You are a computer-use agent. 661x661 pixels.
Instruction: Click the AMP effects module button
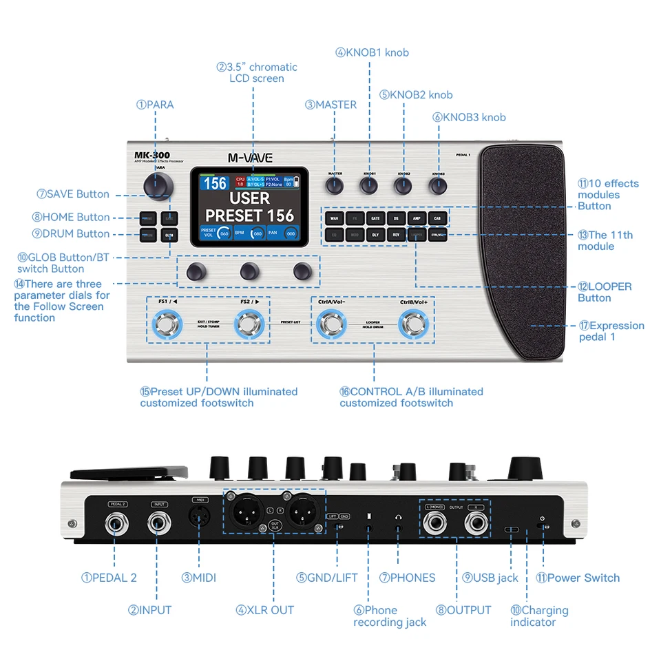[417, 218]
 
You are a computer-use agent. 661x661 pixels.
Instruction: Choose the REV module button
[396, 235]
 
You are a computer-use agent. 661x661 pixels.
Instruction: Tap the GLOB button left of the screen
[169, 235]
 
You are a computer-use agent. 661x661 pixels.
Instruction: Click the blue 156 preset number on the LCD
[216, 183]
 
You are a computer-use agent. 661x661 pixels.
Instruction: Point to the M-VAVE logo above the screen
[250, 158]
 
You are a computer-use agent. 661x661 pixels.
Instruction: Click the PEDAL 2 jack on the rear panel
[117, 525]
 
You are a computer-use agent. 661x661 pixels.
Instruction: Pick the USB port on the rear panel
[512, 531]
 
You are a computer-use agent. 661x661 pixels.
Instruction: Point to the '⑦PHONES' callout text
[407, 578]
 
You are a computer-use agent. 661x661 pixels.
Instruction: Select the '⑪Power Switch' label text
[578, 578]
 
